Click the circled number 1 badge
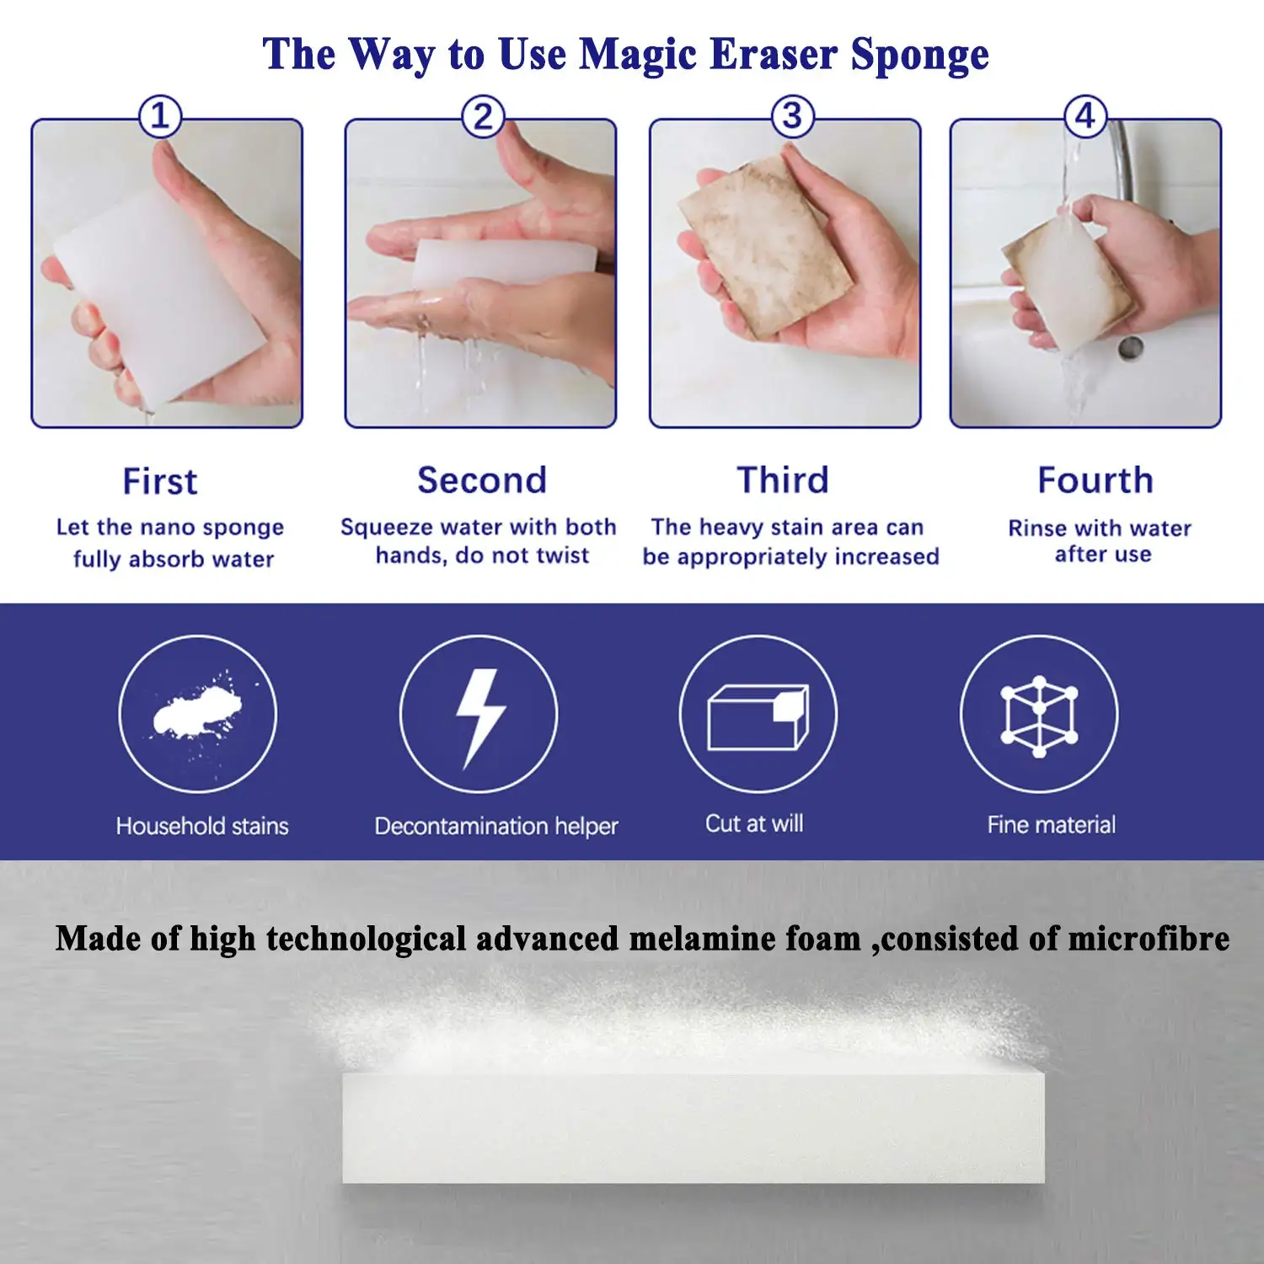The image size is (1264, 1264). (160, 116)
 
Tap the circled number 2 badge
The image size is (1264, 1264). (483, 116)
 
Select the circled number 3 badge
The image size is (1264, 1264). (792, 116)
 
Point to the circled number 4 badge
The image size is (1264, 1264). (1085, 116)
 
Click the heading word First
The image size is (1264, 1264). (160, 481)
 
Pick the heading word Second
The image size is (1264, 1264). (482, 480)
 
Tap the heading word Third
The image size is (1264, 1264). (783, 480)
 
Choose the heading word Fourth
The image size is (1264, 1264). (1095, 480)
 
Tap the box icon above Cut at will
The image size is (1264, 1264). (758, 716)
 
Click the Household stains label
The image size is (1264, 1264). (202, 826)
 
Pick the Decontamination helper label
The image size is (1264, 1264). (496, 826)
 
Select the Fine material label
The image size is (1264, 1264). (1051, 825)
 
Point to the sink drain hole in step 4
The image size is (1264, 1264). (1130, 347)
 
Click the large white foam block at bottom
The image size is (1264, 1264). (693, 1127)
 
